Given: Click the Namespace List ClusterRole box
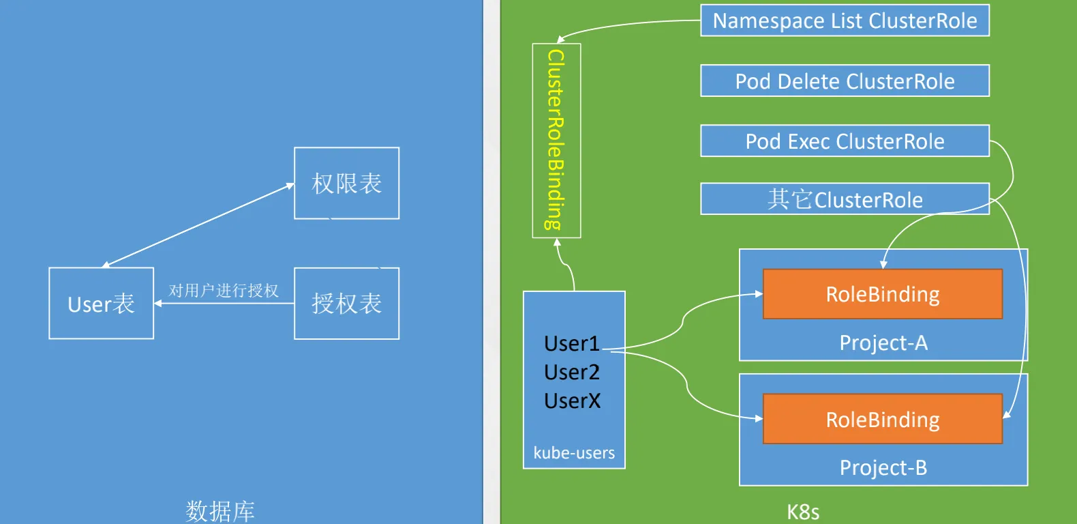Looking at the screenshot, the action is click(x=845, y=20).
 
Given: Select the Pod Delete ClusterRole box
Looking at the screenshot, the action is click(x=845, y=81).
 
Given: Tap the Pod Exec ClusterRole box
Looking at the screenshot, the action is click(x=845, y=141).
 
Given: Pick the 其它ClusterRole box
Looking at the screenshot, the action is click(x=845, y=199).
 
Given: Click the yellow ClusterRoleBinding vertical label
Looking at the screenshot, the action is click(x=556, y=140).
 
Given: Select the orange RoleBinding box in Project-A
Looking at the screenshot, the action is click(x=883, y=294).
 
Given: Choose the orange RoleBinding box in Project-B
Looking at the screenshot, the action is click(x=883, y=419).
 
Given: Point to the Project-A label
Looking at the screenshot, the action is click(x=883, y=343).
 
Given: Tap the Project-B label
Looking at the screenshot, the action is click(x=883, y=467).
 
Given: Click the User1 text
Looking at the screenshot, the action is click(x=572, y=344).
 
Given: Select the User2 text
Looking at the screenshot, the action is click(x=572, y=372).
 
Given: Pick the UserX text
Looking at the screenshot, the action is click(x=572, y=401).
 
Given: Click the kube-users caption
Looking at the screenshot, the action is click(x=574, y=453).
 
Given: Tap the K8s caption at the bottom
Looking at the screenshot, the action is click(x=803, y=512).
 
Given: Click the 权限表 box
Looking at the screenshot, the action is click(x=347, y=184).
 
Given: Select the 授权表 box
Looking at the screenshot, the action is click(x=347, y=304).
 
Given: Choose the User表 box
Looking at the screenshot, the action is click(x=102, y=304).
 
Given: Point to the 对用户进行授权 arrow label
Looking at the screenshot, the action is click(x=224, y=291).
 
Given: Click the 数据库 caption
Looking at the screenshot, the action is click(x=220, y=511).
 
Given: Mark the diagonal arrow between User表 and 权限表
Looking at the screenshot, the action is click(x=198, y=224).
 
